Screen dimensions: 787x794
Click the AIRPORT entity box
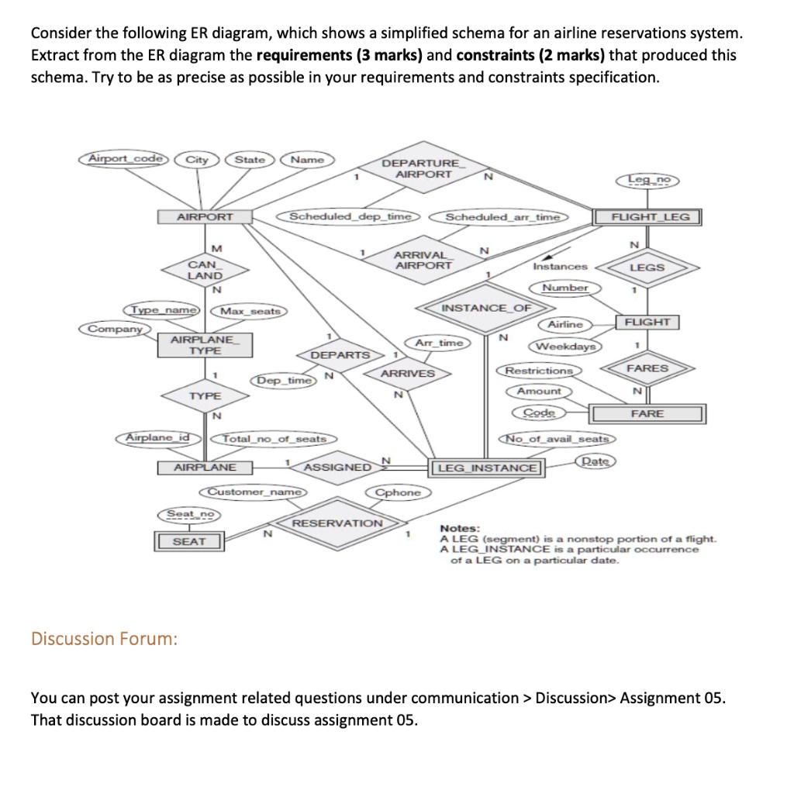point(205,217)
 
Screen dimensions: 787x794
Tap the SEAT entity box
point(189,541)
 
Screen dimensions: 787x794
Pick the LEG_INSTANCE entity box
point(487,468)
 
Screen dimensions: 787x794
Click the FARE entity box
point(647,414)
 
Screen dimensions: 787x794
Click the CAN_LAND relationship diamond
point(205,270)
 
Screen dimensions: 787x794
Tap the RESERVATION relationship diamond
point(337,523)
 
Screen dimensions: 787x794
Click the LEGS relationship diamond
point(647,267)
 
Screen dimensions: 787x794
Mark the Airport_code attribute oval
point(126,159)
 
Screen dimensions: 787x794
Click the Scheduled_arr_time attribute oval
point(502,217)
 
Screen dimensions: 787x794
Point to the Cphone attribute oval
point(398,492)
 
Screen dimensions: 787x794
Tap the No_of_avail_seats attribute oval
point(558,440)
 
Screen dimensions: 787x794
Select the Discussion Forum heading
point(104,639)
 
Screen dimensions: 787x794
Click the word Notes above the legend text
point(460,527)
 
